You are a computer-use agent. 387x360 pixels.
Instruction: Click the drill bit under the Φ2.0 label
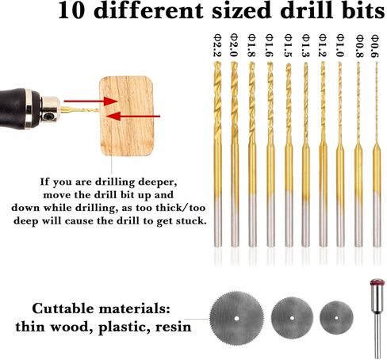pos(235,151)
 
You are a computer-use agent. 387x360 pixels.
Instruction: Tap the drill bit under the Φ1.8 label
pos(252,151)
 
